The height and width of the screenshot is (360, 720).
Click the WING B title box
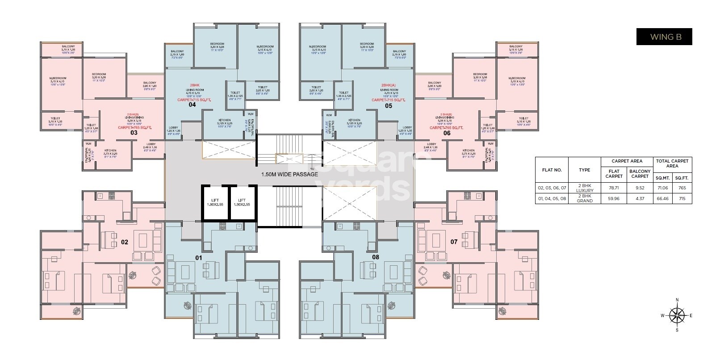pos(664,37)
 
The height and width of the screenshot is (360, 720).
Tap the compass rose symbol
pos(677,315)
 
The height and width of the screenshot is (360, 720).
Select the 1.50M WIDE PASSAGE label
pos(289,174)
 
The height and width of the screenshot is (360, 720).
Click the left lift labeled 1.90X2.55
pos(215,202)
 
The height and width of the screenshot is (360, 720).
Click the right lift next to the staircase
pos(242,202)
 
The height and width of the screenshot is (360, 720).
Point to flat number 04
pos(192,105)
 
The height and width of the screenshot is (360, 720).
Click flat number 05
pos(388,106)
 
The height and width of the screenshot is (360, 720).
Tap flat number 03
pos(134,133)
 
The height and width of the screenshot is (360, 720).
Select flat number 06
pos(447,133)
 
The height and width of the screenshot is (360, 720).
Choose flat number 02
pos(125,242)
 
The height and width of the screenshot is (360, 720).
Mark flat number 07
pos(454,242)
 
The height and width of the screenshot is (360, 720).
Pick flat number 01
pos(199,258)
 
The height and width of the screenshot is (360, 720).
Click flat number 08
pos(376,257)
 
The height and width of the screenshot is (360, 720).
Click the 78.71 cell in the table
pos(614,188)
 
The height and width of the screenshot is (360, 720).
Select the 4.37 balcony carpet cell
pos(640,198)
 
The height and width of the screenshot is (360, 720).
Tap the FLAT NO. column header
pos(552,170)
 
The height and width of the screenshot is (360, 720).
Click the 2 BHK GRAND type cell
pos(584,198)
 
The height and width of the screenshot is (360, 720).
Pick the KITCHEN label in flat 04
pos(224,121)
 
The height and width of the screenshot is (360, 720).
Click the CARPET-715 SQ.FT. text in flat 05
pos(388,100)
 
